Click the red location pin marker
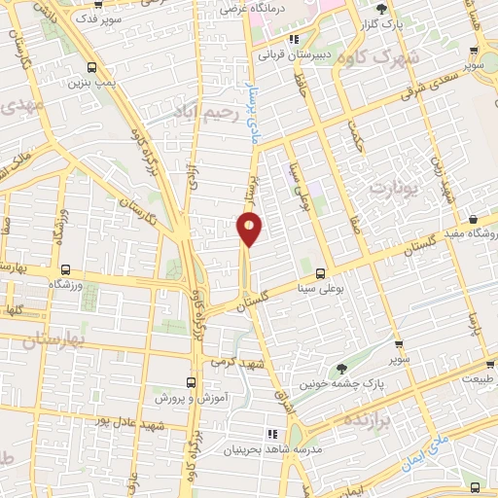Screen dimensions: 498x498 pyautogui.click(x=249, y=230)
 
